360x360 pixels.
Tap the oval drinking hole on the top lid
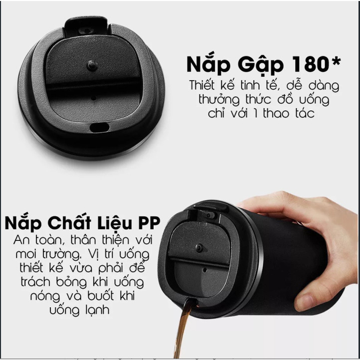coord(99,127)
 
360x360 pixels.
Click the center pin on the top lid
coord(92,66)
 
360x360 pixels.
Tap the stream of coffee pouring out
coord(182,328)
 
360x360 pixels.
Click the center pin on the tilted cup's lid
coord(199,248)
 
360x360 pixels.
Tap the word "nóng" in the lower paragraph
coord(45,296)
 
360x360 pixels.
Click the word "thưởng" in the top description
coord(219,100)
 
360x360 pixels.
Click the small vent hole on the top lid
coord(93,98)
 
